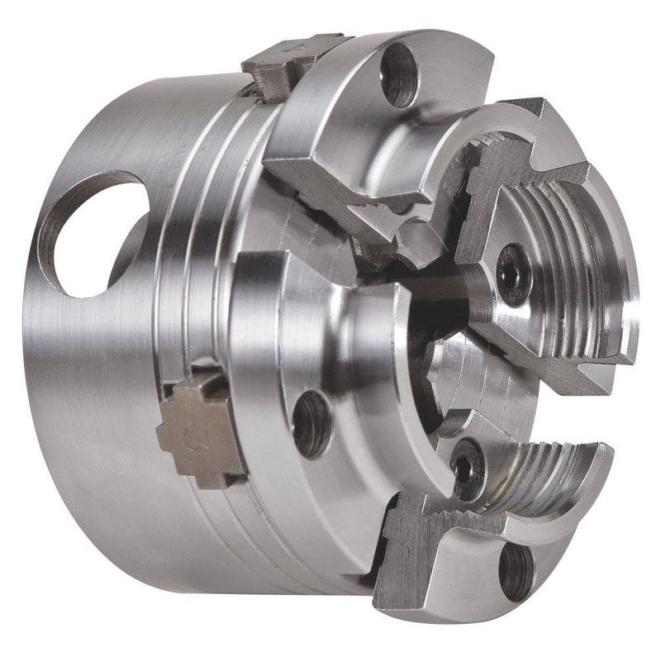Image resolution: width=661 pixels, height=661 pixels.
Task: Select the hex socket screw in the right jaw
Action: click(x=510, y=262)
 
